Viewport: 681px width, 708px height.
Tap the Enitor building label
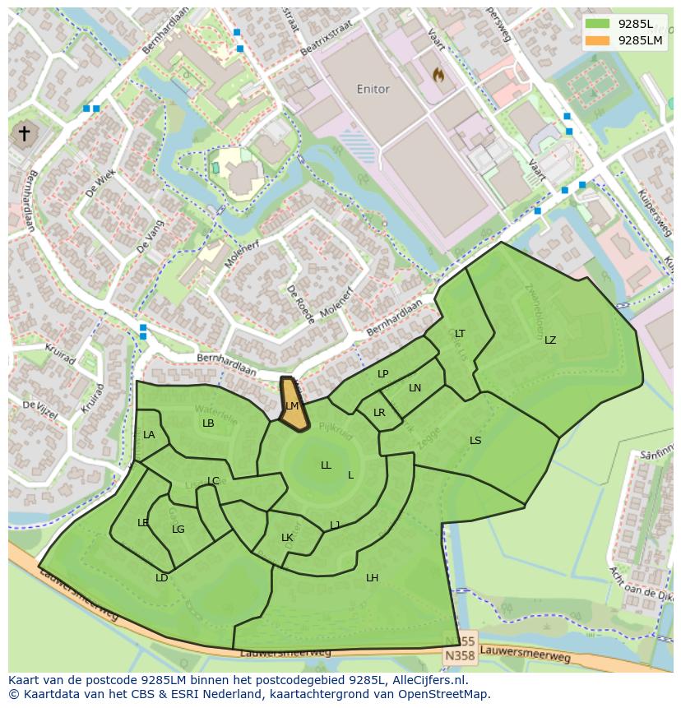pyautogui.click(x=373, y=89)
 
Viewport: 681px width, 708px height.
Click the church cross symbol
pyautogui.click(x=25, y=133)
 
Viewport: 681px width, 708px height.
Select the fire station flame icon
pyautogui.click(x=438, y=76)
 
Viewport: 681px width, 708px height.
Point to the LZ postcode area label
pyautogui.click(x=550, y=340)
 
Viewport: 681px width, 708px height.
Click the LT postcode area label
pyautogui.click(x=460, y=333)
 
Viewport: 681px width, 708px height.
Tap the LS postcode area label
pyautogui.click(x=475, y=440)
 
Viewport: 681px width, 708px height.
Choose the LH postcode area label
pyautogui.click(x=373, y=577)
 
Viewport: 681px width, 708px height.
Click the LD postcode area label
pyautogui.click(x=162, y=577)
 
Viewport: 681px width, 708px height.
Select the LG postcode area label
pyautogui.click(x=178, y=529)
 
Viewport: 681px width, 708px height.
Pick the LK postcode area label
pyautogui.click(x=287, y=538)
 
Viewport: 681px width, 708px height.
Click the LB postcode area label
pyautogui.click(x=208, y=423)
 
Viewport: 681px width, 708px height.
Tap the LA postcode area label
pyautogui.click(x=149, y=434)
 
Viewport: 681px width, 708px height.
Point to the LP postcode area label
pyautogui.click(x=383, y=373)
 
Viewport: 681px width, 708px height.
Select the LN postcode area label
pyautogui.click(x=415, y=387)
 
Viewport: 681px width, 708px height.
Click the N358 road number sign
pyautogui.click(x=459, y=656)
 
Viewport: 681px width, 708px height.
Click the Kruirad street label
pyautogui.click(x=60, y=354)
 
